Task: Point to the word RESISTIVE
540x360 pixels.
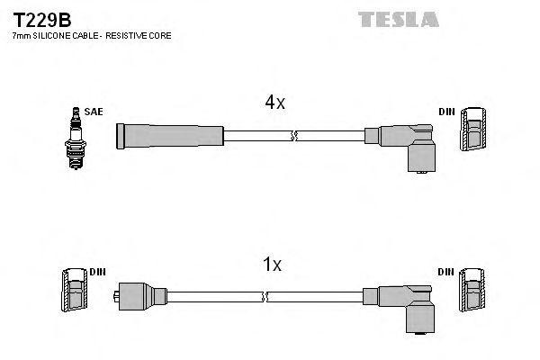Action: pos(132,35)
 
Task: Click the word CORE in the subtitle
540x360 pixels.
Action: pos(162,35)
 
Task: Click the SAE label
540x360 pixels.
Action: pos(94,112)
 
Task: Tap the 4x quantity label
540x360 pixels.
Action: pos(274,103)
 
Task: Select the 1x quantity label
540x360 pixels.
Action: pos(272,265)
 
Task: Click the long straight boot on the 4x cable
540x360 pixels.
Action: pos(170,136)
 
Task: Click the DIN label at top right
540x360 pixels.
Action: pos(446,112)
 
